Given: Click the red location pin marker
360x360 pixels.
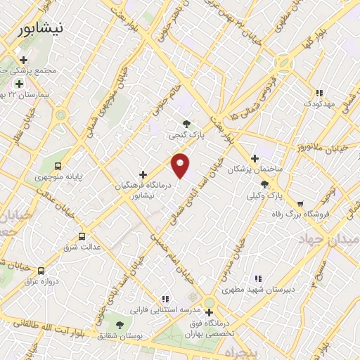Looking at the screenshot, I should click(x=181, y=165).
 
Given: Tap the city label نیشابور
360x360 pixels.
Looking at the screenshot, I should click(x=39, y=29).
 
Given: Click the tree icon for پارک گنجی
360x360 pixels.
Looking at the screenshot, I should click(x=186, y=124).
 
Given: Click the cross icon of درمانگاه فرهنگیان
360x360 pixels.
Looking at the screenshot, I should click(x=143, y=174).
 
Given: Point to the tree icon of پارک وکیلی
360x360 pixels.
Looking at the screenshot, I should click(x=264, y=184).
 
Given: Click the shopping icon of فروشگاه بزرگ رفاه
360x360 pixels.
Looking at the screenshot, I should click(x=300, y=204).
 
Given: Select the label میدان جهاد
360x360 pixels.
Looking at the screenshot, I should click(x=340, y=240).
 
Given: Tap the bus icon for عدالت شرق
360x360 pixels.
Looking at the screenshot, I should click(x=82, y=237).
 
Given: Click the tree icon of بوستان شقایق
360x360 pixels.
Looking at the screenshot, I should click(x=119, y=326).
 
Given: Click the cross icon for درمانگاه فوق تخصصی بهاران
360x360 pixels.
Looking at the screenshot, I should click(x=209, y=311).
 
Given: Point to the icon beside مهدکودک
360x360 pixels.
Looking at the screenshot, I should click(x=319, y=92).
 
